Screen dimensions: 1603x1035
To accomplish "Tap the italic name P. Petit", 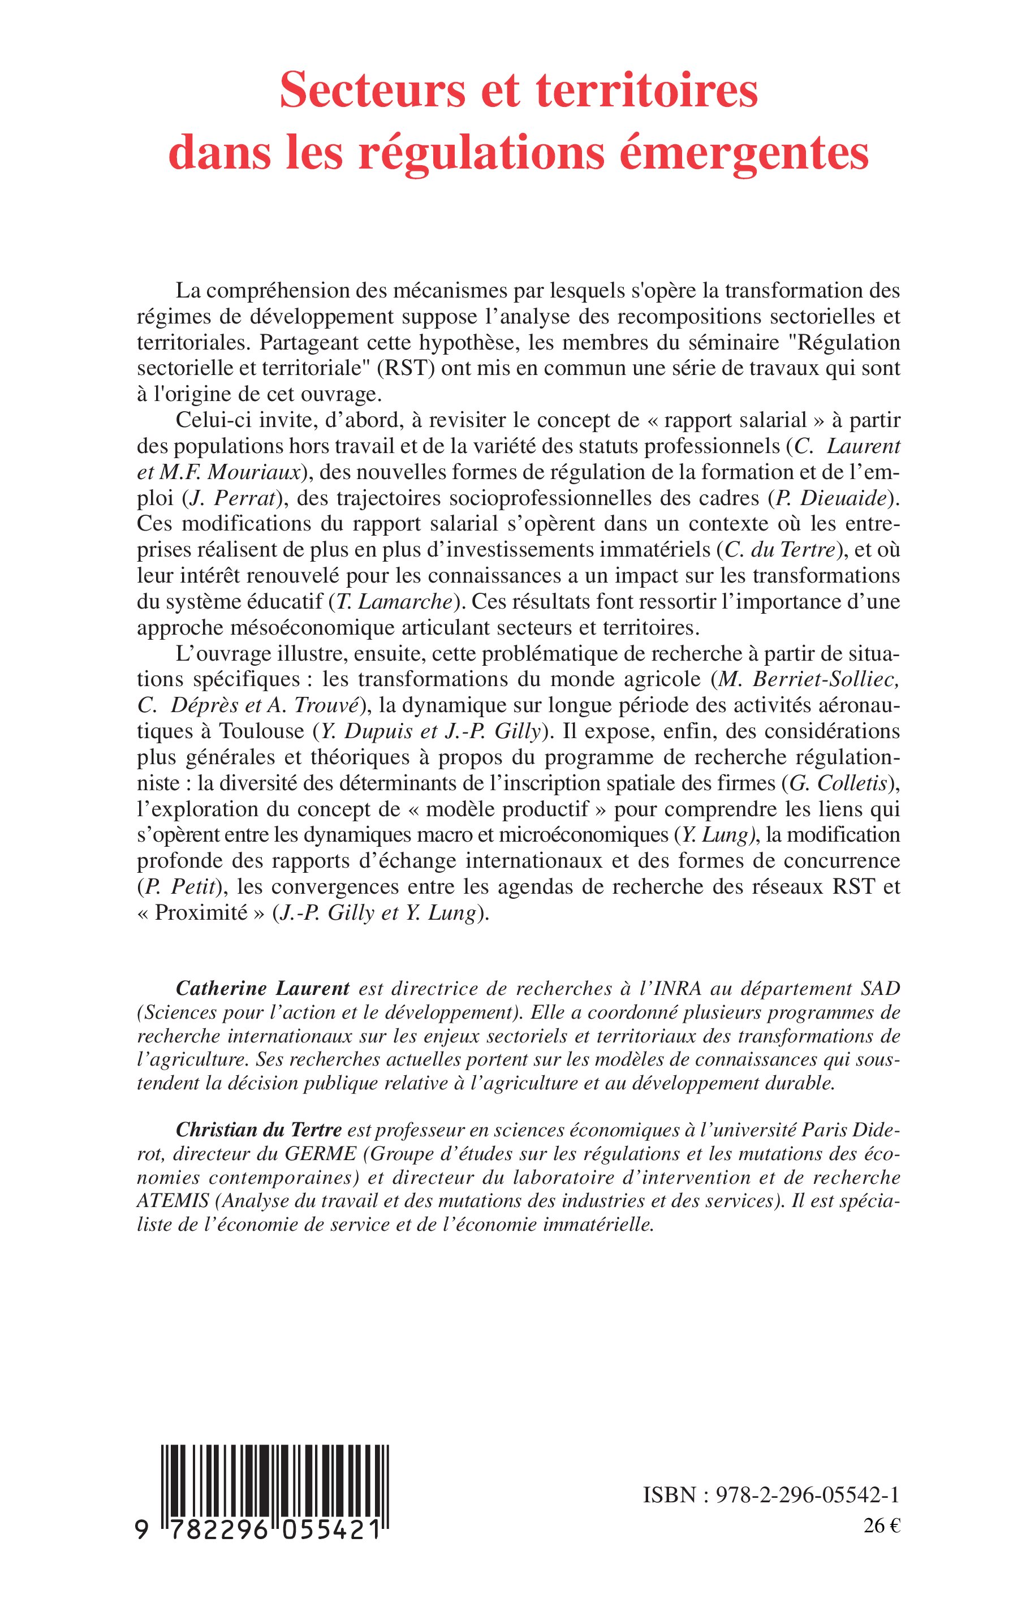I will point(179,887).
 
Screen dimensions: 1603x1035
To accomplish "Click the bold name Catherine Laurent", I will point(263,989).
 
